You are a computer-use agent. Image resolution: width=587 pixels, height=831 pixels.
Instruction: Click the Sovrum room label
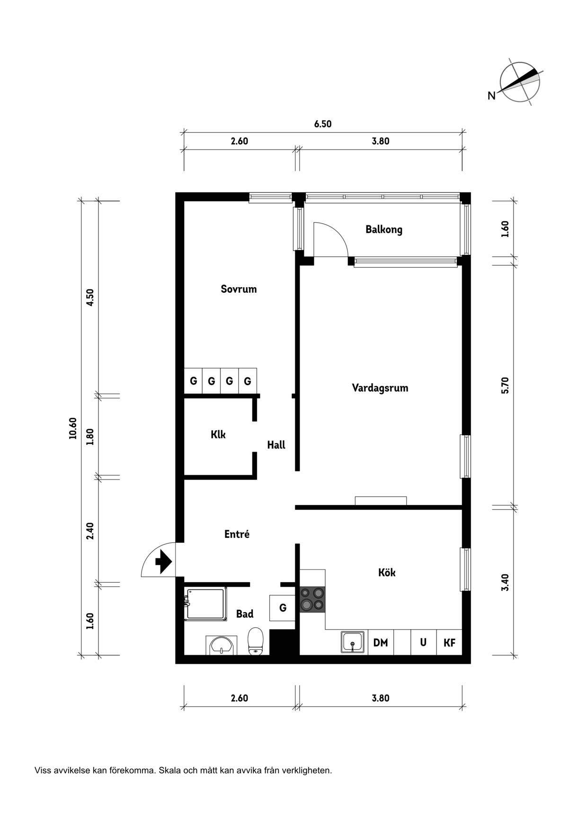pyautogui.click(x=239, y=289)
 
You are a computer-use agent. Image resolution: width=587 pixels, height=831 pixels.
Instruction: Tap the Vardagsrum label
pyautogui.click(x=380, y=388)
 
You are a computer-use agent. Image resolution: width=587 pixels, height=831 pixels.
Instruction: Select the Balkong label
pyautogui.click(x=383, y=230)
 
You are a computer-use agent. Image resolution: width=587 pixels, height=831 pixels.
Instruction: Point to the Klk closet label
pyautogui.click(x=218, y=434)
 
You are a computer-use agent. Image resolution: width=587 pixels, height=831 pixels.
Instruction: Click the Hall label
pyautogui.click(x=276, y=445)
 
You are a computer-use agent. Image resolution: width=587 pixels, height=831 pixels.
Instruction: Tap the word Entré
pyautogui.click(x=237, y=534)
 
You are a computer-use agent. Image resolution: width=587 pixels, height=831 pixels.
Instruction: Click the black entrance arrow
pyautogui.click(x=163, y=562)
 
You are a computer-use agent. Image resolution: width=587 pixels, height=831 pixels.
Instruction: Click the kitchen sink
pyautogui.click(x=353, y=642)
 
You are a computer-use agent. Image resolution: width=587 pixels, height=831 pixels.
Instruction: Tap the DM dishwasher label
pyautogui.click(x=381, y=642)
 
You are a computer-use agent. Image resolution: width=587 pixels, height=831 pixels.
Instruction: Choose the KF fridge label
pyautogui.click(x=449, y=643)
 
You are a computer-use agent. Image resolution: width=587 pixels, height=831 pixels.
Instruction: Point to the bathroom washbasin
pyautogui.click(x=221, y=645)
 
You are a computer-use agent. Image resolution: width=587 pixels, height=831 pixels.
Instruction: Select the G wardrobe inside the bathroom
pyautogui.click(x=283, y=608)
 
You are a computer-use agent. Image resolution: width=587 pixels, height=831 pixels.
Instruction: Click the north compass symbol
pyautogui.click(x=519, y=82)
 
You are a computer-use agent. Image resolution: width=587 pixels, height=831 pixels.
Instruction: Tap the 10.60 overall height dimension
pyautogui.click(x=72, y=428)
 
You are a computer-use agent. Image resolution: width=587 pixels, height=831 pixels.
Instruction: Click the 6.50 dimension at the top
pyautogui.click(x=323, y=124)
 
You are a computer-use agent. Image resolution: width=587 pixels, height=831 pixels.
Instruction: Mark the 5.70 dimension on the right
pyautogui.click(x=505, y=385)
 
